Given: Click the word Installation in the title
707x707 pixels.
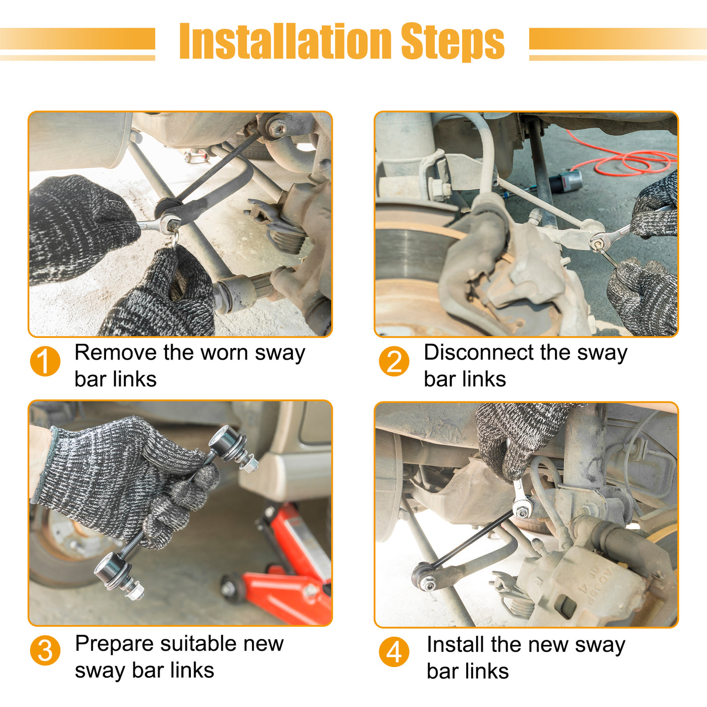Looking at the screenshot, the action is coord(285,40).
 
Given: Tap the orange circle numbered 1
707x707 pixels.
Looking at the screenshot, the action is coord(45,361).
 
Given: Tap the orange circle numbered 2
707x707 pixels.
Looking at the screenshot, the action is coord(394,361).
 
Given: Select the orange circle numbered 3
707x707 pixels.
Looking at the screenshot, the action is coord(45,650).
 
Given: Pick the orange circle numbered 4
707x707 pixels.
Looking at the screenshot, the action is coord(394,652).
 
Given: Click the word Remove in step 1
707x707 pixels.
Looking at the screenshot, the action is coord(116,352).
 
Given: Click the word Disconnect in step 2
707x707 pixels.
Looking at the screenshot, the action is coord(479,352).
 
